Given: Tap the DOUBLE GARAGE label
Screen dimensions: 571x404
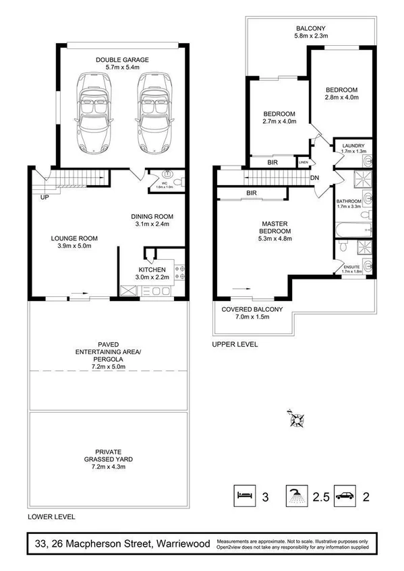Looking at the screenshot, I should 121,59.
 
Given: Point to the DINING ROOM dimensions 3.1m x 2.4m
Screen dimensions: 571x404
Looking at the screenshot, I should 152,224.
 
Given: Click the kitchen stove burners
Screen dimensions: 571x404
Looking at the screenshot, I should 181,273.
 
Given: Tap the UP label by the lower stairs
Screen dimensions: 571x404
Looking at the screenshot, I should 45,198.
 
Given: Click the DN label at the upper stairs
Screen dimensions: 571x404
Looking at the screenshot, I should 314,178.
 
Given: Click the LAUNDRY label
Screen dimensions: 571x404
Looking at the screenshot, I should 353,145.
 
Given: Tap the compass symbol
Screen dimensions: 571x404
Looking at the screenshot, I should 295,419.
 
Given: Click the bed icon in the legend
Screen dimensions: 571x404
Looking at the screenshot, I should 243,497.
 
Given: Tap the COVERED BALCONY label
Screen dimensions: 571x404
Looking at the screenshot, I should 252,309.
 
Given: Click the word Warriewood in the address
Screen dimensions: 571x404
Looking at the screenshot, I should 182,542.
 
